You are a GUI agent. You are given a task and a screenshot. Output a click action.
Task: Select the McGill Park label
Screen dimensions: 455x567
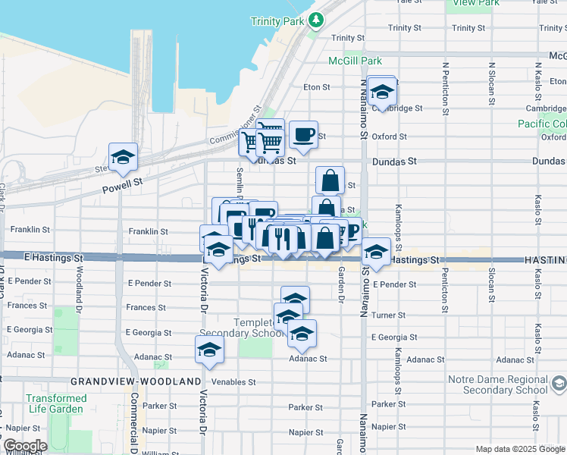pos(355,61)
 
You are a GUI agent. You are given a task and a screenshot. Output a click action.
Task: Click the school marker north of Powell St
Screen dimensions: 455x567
pos(123,157)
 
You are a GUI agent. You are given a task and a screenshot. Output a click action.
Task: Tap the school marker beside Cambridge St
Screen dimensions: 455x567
pos(383,92)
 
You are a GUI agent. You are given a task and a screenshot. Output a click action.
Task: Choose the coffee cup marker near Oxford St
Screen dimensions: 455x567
pos(303,135)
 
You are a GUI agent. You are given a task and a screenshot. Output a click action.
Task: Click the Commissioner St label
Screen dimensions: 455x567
pos(235,126)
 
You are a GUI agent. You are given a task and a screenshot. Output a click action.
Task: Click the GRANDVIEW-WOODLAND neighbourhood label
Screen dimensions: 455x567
pos(136,382)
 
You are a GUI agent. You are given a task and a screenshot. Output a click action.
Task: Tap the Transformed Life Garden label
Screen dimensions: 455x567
pos(56,403)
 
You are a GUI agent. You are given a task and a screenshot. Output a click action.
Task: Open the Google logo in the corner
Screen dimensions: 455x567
pos(24,446)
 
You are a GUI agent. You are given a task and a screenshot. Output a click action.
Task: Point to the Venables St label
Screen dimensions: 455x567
pos(233,382)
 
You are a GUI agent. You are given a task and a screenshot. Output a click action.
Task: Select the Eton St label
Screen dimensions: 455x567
pos(317,87)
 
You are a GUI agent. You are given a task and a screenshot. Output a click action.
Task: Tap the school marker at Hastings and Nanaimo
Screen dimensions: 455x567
pos(375,251)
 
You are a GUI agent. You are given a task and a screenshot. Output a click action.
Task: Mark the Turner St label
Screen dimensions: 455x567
pos(389,315)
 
